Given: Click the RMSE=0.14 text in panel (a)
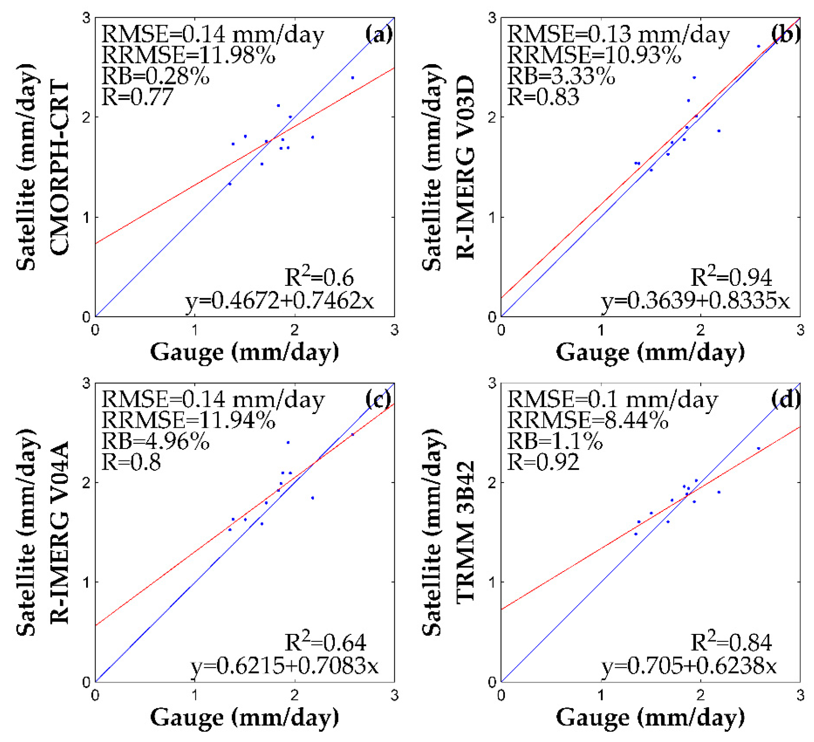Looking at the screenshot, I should tap(212, 34).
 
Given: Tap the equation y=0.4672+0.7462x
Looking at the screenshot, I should tap(279, 300).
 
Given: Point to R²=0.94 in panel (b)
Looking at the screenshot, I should tap(730, 278).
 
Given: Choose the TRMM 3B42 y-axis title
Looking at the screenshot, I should tap(465, 532).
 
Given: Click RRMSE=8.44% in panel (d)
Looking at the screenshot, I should tap(588, 420).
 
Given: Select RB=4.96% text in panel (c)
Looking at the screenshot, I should tap(155, 442).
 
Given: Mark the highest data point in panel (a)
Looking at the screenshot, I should tap(353, 78).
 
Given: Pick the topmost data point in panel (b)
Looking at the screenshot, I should tap(758, 46).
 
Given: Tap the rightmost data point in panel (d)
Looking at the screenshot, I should tap(758, 448).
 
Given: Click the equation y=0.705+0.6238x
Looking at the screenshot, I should tap(689, 666).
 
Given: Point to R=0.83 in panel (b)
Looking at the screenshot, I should tap(543, 97).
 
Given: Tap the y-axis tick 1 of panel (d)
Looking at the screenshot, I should tap(492, 582).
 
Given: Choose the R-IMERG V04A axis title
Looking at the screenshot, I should tap(59, 532).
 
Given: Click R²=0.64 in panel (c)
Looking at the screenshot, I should tap(325, 643).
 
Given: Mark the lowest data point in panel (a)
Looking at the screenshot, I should tap(229, 184).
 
